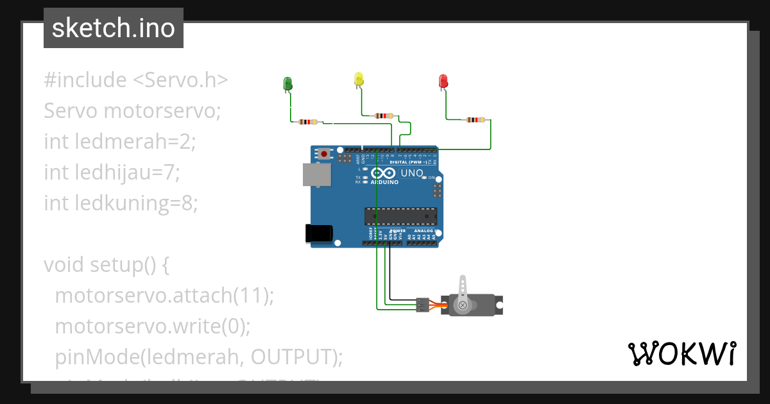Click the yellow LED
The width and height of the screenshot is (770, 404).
click(x=359, y=79)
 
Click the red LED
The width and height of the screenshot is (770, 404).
click(x=443, y=81)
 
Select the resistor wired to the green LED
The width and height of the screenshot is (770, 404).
click(x=308, y=122)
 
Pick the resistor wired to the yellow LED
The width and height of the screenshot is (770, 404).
click(x=384, y=116)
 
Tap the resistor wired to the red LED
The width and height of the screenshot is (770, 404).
click(x=475, y=119)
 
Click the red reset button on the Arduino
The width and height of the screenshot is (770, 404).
click(x=325, y=154)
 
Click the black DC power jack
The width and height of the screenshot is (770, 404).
click(x=319, y=233)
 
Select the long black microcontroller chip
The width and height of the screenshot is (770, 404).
click(x=400, y=216)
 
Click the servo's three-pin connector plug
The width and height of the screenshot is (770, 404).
click(x=422, y=305)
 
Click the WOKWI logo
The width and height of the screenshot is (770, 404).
click(x=681, y=353)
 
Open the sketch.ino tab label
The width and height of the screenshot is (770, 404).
click(x=114, y=28)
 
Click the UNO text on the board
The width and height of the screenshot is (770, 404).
click(x=412, y=173)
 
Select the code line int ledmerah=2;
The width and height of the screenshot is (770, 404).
click(x=119, y=141)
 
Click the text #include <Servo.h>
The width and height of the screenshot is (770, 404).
click(x=136, y=80)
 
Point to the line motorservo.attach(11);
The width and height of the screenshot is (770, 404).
click(x=164, y=296)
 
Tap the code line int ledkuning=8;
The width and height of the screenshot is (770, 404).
click(x=121, y=203)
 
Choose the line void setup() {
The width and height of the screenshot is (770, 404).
click(x=106, y=264)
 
